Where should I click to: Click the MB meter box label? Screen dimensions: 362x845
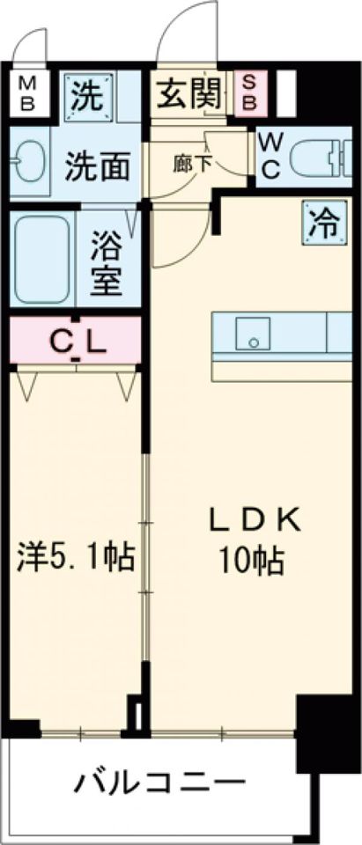point(27,92)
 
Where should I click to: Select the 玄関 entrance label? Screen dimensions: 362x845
point(189,93)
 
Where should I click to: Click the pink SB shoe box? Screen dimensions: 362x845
point(248,93)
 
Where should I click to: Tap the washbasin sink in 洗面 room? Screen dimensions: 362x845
point(30,161)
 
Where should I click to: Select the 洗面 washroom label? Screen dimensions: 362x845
point(98,166)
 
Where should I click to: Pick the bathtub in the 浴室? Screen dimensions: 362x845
point(42,259)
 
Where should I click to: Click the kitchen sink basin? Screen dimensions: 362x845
point(253,332)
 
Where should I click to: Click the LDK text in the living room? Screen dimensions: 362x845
point(254,520)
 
